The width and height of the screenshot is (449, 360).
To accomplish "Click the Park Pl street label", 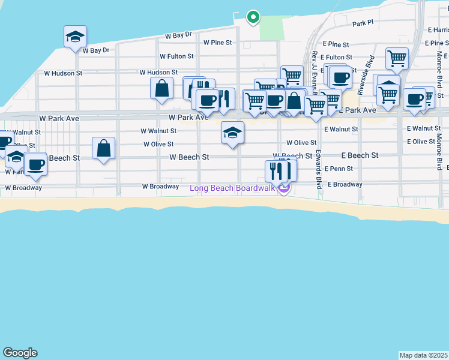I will (363, 23).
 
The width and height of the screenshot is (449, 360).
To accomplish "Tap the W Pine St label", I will (217, 43).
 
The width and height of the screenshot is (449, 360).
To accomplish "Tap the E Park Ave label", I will (358, 110).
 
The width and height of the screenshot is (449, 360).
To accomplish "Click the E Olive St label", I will (421, 142).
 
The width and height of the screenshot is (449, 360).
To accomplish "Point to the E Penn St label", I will (339, 169).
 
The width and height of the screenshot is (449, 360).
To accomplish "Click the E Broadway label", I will (345, 185).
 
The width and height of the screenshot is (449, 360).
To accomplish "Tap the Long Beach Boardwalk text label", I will (232, 188).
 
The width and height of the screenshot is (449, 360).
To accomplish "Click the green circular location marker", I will (253, 17).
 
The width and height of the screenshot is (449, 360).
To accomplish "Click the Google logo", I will (20, 353).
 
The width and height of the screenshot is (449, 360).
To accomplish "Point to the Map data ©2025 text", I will (424, 355).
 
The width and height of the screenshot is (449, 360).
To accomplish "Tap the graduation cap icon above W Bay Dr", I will (76, 37).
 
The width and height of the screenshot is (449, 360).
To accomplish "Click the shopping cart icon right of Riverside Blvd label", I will (397, 59).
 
